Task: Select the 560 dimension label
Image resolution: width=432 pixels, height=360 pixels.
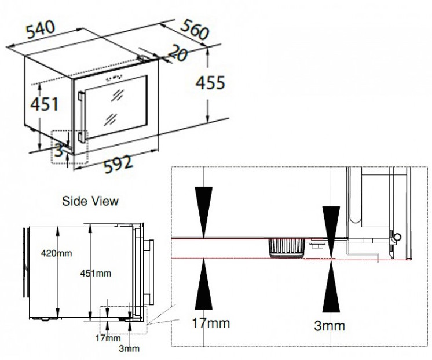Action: (x=195, y=29)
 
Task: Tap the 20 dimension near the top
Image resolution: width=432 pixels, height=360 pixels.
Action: (x=177, y=53)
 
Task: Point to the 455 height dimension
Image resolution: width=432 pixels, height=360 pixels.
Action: (x=210, y=82)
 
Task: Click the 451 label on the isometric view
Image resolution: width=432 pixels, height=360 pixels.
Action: (x=45, y=104)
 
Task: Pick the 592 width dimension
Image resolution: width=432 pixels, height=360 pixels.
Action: (x=118, y=164)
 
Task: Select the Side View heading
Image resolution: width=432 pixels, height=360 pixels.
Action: (x=90, y=201)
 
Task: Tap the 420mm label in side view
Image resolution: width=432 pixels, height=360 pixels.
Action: (x=56, y=253)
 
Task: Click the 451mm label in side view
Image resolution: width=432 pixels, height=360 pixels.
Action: (x=96, y=273)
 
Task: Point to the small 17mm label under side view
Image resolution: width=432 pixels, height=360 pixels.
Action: (x=108, y=338)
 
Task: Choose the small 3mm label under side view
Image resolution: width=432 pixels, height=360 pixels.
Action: (x=129, y=348)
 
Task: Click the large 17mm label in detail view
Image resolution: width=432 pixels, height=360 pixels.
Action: (x=211, y=323)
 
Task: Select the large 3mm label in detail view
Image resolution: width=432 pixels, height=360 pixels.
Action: (x=330, y=326)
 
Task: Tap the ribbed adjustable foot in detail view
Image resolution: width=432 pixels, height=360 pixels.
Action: (x=287, y=248)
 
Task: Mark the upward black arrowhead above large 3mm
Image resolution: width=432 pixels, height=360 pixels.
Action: (x=331, y=286)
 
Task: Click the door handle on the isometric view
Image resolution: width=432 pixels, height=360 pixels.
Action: (x=82, y=117)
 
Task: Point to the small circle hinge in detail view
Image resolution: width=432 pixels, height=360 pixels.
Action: (x=398, y=237)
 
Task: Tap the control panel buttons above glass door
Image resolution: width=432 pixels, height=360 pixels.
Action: (x=114, y=78)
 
